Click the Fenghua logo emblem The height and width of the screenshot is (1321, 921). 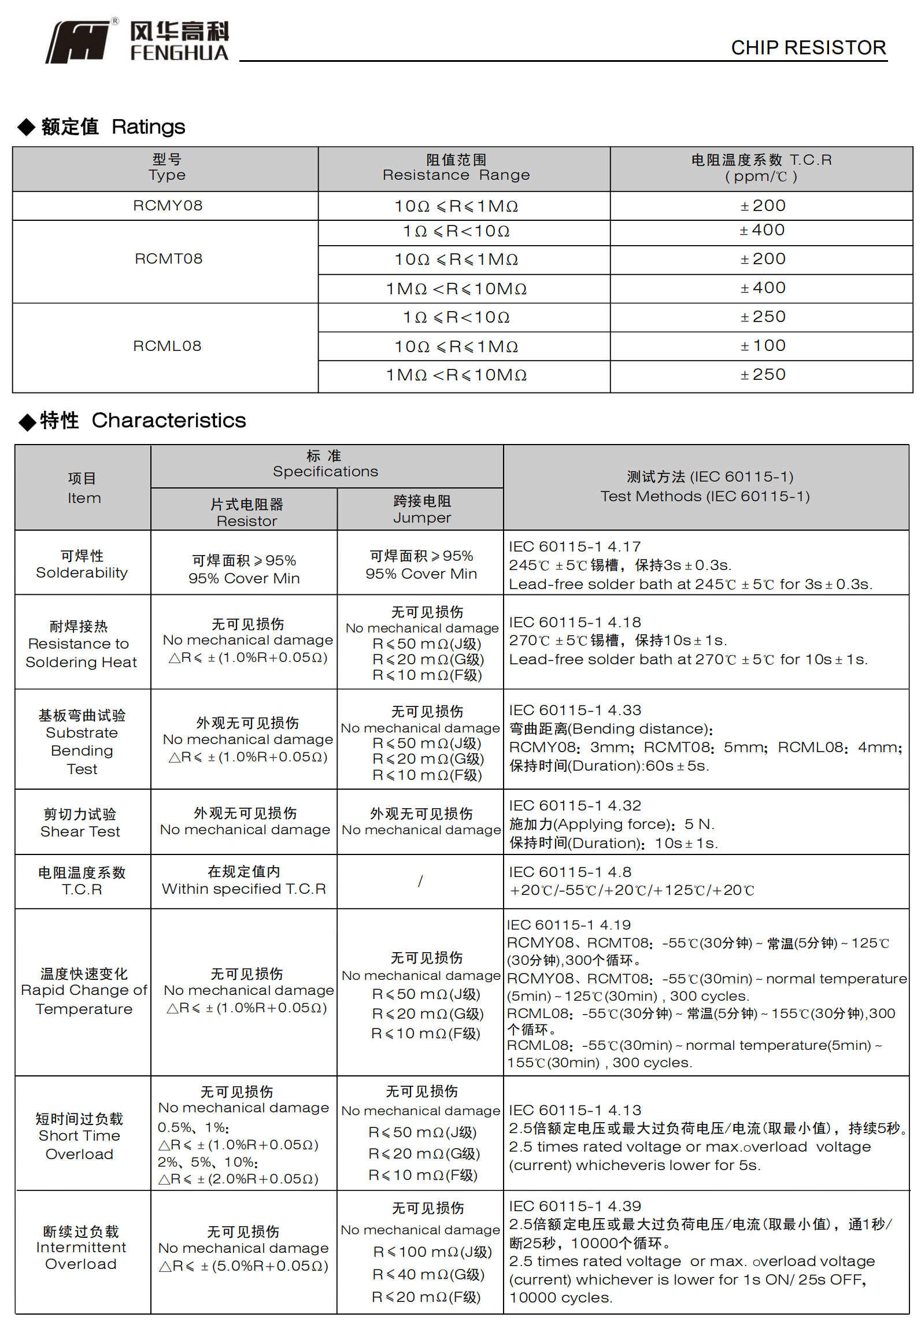coord(78,42)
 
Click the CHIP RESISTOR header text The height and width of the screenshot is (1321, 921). coord(808,47)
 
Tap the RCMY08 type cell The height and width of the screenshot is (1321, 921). coord(168,206)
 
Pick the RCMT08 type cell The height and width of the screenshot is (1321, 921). coord(168,259)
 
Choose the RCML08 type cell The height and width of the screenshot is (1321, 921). coord(167,346)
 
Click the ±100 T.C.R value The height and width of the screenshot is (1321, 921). coord(763,346)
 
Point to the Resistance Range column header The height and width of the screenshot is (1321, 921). coord(456,168)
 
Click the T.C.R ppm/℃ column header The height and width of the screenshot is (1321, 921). coord(761,168)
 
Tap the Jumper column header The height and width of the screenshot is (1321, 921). coord(421,509)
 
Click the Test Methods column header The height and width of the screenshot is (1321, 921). coord(705,486)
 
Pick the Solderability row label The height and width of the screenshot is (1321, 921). coord(82,564)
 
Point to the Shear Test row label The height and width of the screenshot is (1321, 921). coord(80,823)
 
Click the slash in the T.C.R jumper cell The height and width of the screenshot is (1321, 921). coord(420,881)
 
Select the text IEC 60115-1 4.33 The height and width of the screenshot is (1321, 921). coord(575,710)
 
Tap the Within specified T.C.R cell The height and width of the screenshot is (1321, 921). coord(243,880)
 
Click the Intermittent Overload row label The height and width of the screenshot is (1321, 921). coord(80,1248)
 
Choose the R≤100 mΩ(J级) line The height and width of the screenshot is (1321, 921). coord(432,1252)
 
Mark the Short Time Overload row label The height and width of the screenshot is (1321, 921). coord(79,1136)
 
